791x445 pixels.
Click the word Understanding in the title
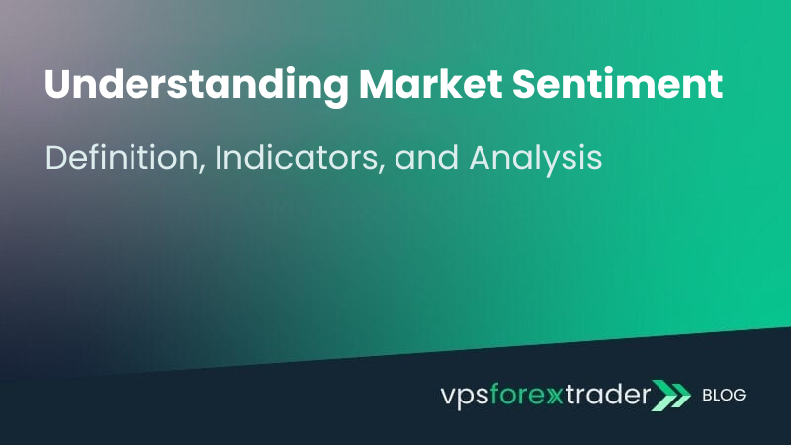(196, 85)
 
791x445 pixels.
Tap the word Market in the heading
(430, 83)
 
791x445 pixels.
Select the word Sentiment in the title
(617, 83)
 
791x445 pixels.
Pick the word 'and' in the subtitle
(426, 158)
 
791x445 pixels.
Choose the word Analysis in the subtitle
(536, 159)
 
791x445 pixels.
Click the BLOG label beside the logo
(724, 395)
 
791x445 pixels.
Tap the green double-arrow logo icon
(670, 395)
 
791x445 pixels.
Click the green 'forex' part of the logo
(526, 394)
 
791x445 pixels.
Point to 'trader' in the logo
(607, 394)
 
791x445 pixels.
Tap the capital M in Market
(377, 84)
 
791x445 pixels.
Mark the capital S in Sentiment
(524, 84)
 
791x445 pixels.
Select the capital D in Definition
(56, 158)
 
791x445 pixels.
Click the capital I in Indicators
(218, 158)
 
